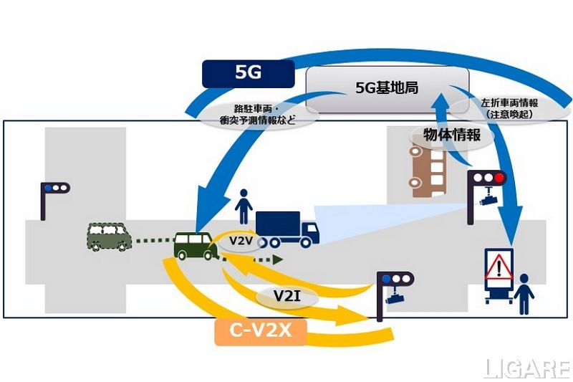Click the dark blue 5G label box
pos(247,73)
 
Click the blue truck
pos(286,228)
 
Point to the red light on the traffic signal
pos(499,177)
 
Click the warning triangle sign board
pos(498,273)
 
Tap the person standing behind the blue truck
pos(244,207)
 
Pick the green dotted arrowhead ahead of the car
pos(277,258)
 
